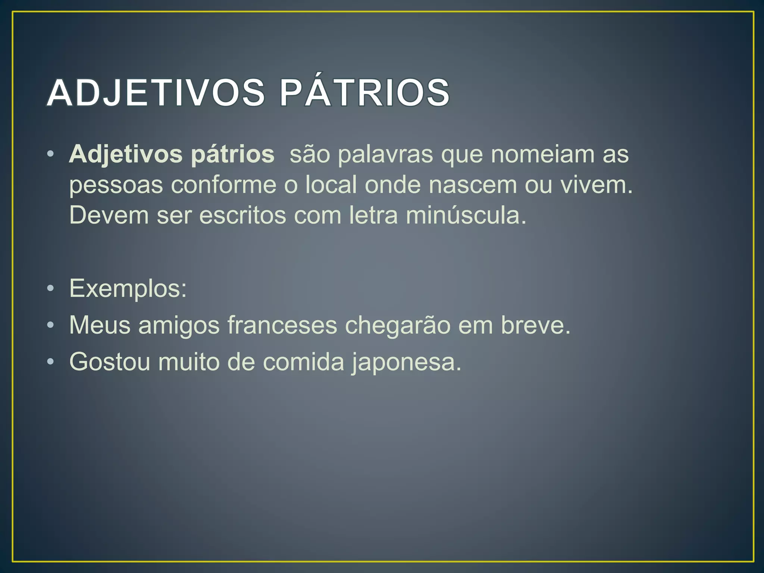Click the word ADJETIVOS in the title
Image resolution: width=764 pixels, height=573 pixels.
(x=156, y=93)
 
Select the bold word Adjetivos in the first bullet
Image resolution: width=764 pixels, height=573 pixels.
(x=126, y=154)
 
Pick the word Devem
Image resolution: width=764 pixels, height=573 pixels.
(x=109, y=216)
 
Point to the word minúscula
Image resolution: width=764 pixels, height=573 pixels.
(x=466, y=216)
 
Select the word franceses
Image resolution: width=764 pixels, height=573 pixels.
(x=282, y=325)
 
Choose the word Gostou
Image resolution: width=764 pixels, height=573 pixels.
(x=110, y=362)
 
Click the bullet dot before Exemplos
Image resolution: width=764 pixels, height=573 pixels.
(x=51, y=289)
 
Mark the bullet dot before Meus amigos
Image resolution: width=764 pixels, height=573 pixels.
(x=51, y=325)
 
